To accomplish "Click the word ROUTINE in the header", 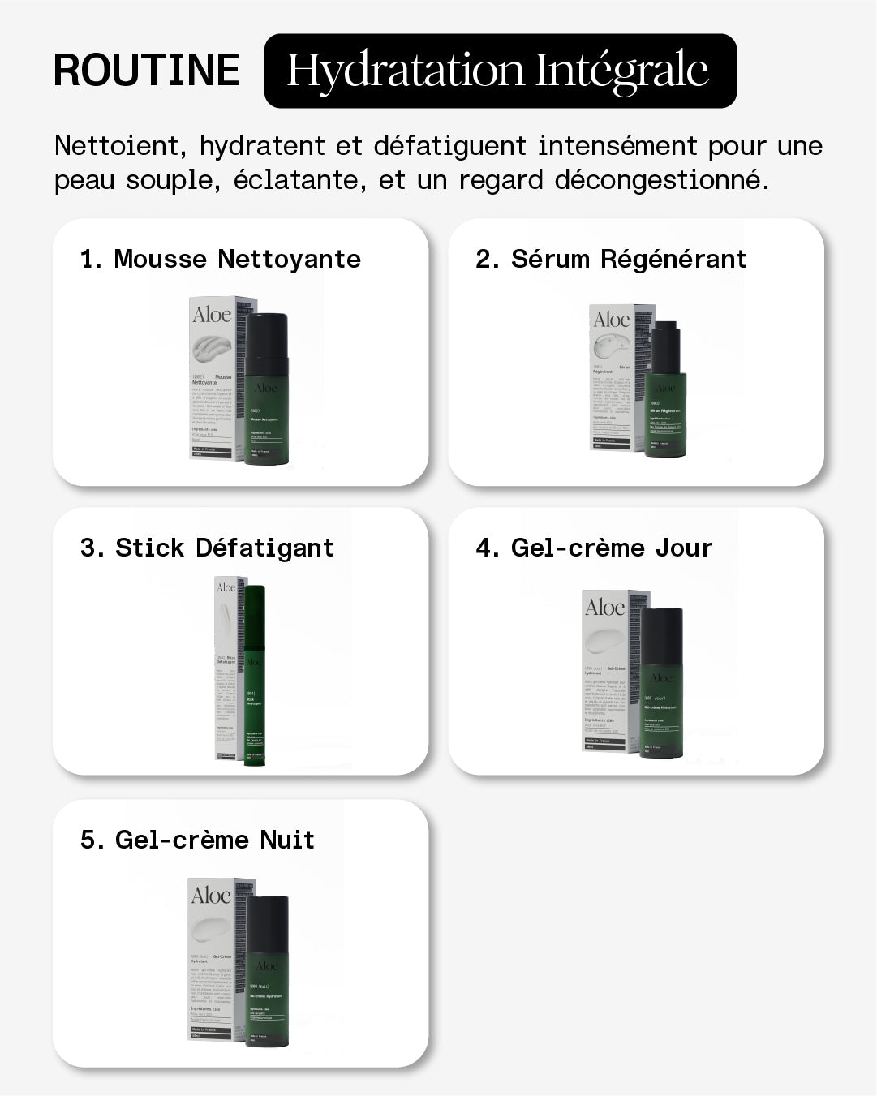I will [x=147, y=70].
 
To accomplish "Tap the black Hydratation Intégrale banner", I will [x=500, y=71].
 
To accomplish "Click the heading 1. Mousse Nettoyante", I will [x=221, y=259].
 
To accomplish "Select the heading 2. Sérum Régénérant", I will [x=610, y=259].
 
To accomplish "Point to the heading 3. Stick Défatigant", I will [x=207, y=548].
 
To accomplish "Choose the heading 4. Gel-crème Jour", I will [x=594, y=548].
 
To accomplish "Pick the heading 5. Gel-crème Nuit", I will [x=197, y=840].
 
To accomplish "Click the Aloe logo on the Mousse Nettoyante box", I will [x=212, y=315].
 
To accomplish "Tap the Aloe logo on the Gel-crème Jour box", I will [x=605, y=608].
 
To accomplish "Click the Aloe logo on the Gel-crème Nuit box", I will [x=211, y=896].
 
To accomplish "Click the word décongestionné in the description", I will [x=661, y=179].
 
